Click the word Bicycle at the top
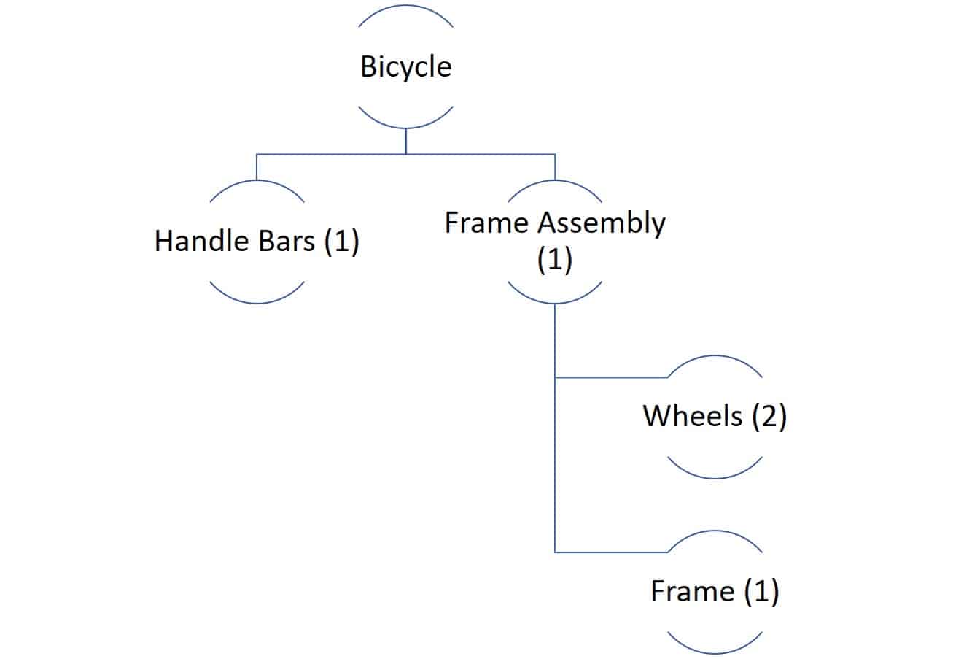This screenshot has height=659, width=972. [x=405, y=66]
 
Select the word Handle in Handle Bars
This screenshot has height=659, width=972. [x=195, y=241]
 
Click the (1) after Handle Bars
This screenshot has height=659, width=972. [x=341, y=242]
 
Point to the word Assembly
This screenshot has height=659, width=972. [x=601, y=223]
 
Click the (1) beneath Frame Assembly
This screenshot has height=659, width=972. [x=554, y=259]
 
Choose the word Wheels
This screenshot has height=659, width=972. [x=692, y=416]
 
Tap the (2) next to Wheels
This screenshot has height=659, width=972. [x=768, y=417]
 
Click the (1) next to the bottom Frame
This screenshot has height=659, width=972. [x=761, y=592]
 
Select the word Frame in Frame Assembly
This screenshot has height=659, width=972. [x=488, y=223]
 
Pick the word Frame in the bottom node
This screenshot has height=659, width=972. [x=692, y=591]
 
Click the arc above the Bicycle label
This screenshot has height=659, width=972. [x=405, y=7]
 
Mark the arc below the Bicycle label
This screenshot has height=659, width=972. [x=405, y=127]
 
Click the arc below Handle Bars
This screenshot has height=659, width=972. [x=257, y=301]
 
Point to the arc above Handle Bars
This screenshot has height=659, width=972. [x=257, y=181]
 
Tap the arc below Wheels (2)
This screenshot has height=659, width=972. [x=715, y=477]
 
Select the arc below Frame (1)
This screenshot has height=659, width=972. [x=715, y=652]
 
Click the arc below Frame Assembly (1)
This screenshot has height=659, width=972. [x=554, y=302]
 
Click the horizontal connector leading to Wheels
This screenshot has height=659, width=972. [x=611, y=377]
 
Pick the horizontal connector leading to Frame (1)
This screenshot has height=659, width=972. [x=611, y=552]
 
